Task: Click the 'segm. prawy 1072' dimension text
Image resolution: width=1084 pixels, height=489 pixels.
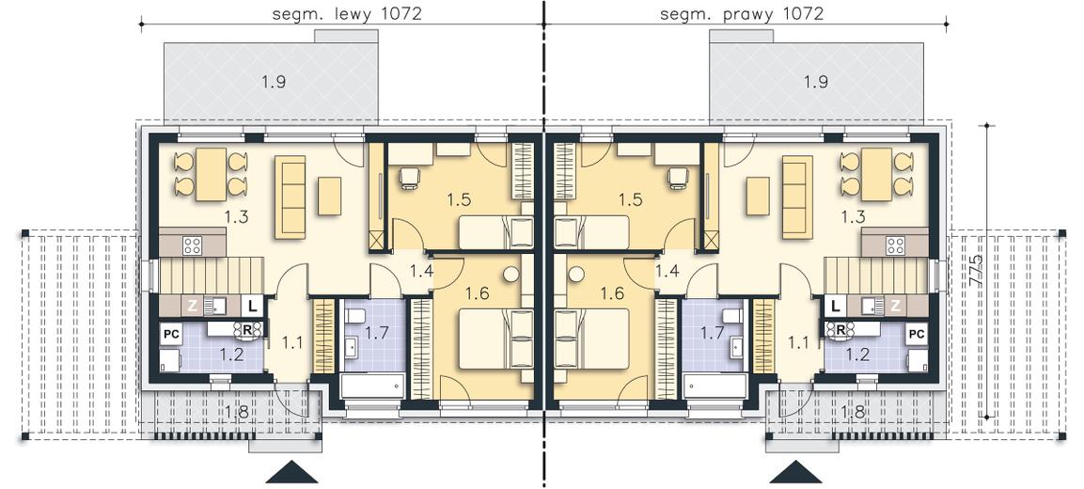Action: pos(742,14)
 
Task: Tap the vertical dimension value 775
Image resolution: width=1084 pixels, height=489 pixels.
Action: pos(976,271)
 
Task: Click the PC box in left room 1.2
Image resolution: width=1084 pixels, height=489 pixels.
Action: pos(171,334)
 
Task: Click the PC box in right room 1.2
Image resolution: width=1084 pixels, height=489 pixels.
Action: pos(917,334)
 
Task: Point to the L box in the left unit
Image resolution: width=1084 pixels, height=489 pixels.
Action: pos(252,305)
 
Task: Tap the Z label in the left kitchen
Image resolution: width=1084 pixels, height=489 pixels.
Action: pos(192,305)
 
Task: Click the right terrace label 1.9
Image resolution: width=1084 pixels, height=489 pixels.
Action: pos(816,83)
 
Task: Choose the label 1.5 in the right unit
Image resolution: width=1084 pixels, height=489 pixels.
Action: pos(631,200)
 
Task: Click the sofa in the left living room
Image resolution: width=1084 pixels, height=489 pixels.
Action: pos(291,197)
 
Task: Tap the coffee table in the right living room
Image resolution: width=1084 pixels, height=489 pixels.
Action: pos(759,196)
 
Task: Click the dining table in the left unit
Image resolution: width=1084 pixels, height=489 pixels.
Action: pos(211,174)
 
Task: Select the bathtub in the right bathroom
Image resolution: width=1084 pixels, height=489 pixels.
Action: pos(715,386)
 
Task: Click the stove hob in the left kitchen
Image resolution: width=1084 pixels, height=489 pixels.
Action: pos(192,244)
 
